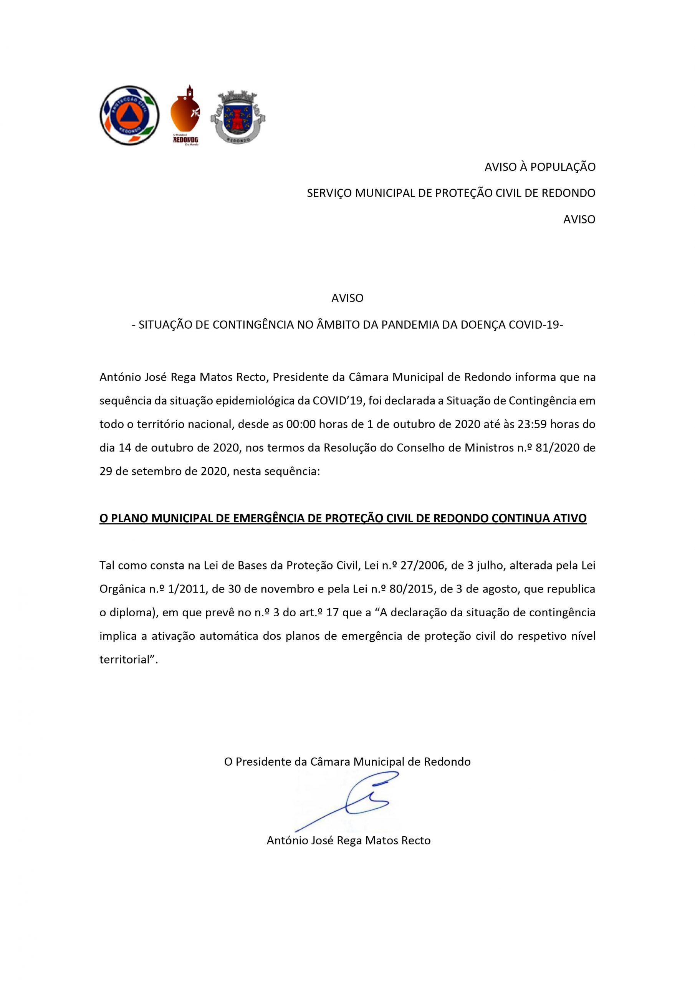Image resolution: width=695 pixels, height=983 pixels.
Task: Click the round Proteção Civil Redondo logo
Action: [129, 115]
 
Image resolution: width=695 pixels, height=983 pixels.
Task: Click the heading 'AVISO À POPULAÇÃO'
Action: [539, 167]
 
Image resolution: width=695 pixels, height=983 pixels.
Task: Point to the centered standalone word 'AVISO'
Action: [347, 298]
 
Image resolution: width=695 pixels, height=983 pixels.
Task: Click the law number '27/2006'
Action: [417, 566]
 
